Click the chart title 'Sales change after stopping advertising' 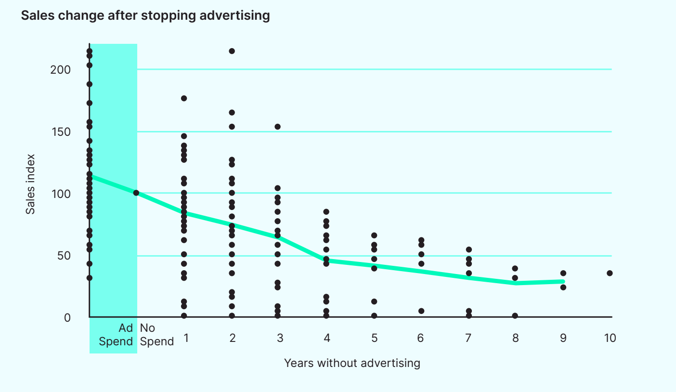[x=145, y=15]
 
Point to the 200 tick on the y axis [x=61, y=70]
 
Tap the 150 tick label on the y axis [x=61, y=132]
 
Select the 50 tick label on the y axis [x=64, y=256]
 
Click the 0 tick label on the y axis [x=67, y=318]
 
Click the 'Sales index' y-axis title [x=30, y=184]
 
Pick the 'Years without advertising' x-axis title [x=352, y=363]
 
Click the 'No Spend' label [x=156, y=335]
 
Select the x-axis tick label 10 [x=610, y=338]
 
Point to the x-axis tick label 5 [x=374, y=338]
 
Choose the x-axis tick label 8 [x=516, y=338]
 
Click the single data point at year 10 [x=610, y=273]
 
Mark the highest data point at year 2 [x=232, y=51]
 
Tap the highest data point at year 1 [x=184, y=98]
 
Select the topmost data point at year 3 [x=277, y=127]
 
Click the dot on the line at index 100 [x=136, y=193]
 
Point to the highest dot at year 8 [x=515, y=268]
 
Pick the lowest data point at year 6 [x=421, y=311]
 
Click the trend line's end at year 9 [x=562, y=281]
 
